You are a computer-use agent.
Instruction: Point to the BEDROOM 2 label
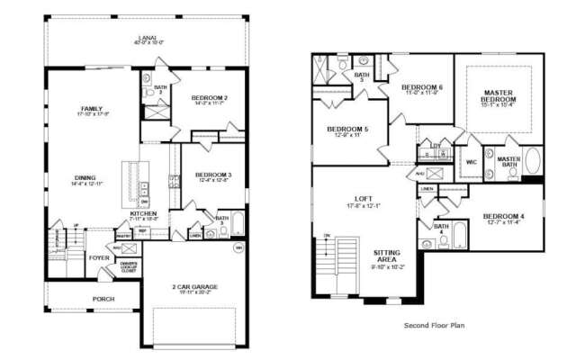(x=208, y=98)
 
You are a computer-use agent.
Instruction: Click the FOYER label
(x=98, y=256)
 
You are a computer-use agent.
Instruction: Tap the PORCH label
(x=103, y=299)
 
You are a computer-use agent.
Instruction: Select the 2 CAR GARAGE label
(x=194, y=286)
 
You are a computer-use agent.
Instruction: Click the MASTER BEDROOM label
(x=498, y=96)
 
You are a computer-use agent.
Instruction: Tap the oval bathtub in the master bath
(x=533, y=163)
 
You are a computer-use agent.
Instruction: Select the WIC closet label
(x=470, y=163)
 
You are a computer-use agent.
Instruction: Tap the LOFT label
(x=363, y=199)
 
